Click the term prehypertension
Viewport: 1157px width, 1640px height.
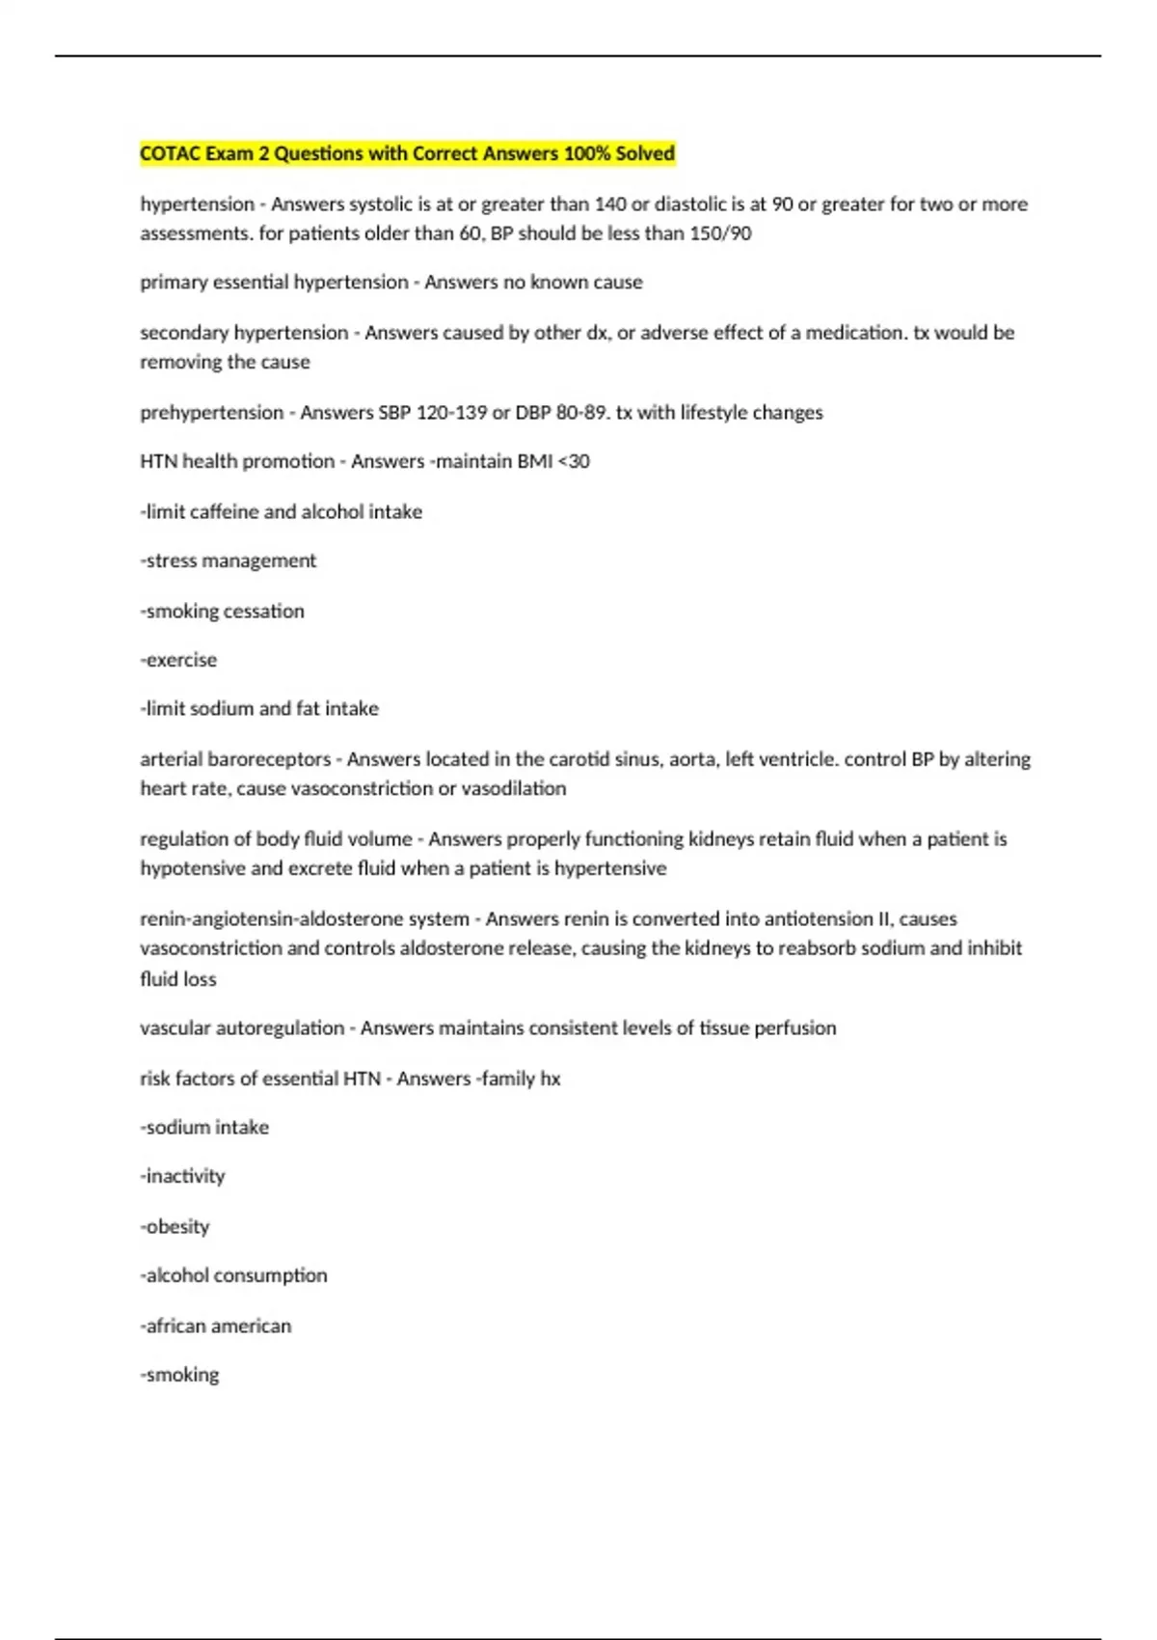(x=211, y=413)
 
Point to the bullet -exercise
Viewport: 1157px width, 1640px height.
(x=178, y=661)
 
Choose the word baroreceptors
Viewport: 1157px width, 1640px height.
(x=269, y=760)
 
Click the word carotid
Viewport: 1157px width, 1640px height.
(x=579, y=760)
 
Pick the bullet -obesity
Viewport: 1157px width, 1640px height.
(x=175, y=1227)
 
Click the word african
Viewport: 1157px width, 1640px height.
(x=178, y=1326)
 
